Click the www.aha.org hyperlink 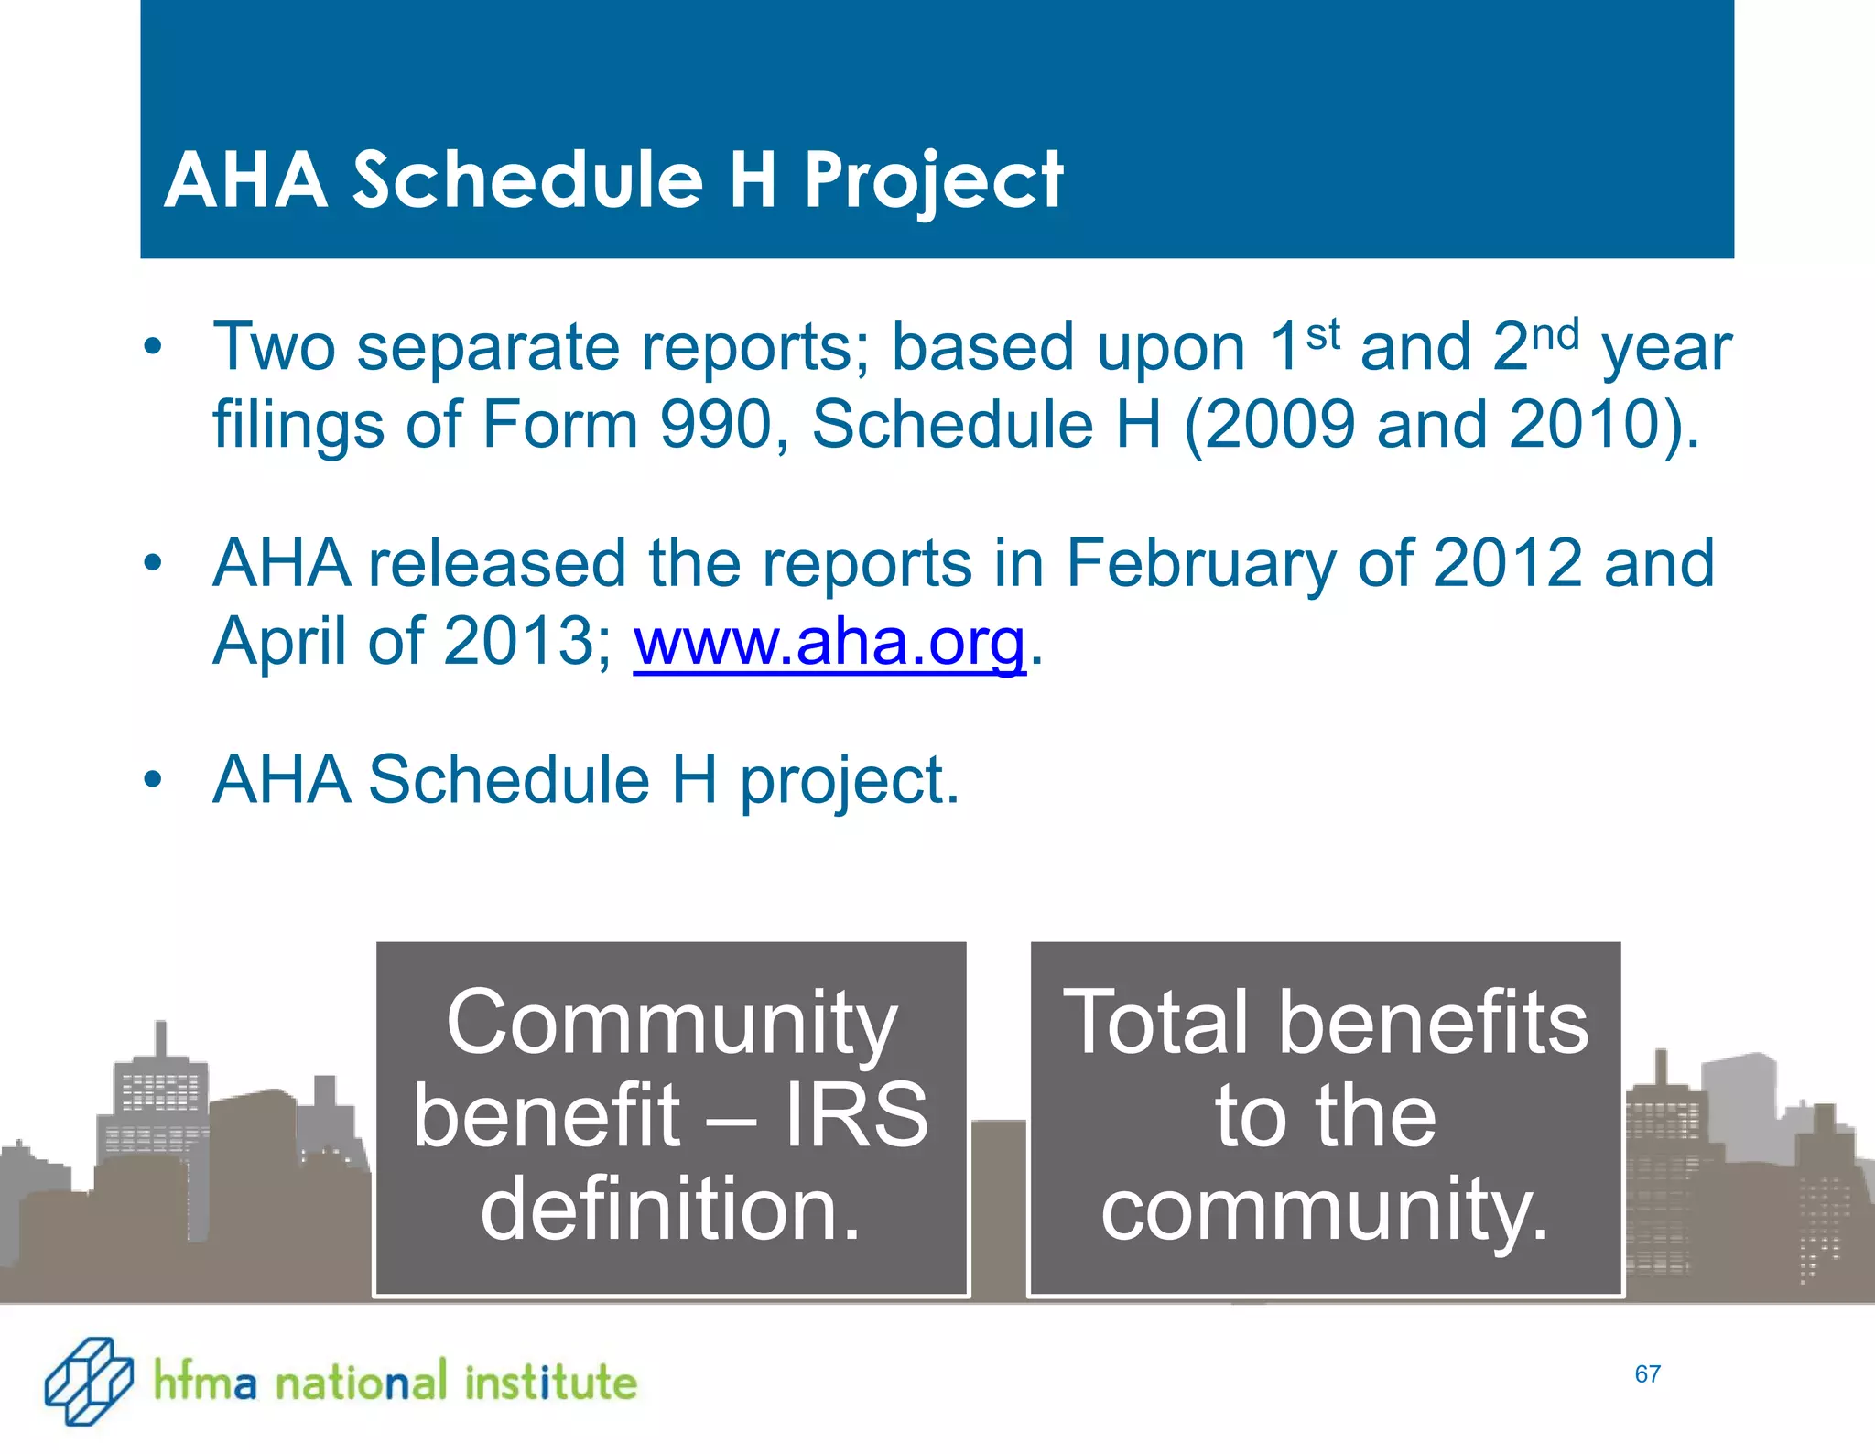click(829, 642)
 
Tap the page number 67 click(1647, 1373)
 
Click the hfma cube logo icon click(89, 1381)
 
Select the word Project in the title click(933, 180)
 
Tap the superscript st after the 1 click(1323, 334)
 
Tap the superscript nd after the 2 click(1555, 335)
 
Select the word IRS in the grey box click(856, 1115)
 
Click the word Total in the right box click(1155, 1023)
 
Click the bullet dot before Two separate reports click(153, 348)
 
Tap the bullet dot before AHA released click(153, 563)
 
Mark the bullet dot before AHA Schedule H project click(153, 780)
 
